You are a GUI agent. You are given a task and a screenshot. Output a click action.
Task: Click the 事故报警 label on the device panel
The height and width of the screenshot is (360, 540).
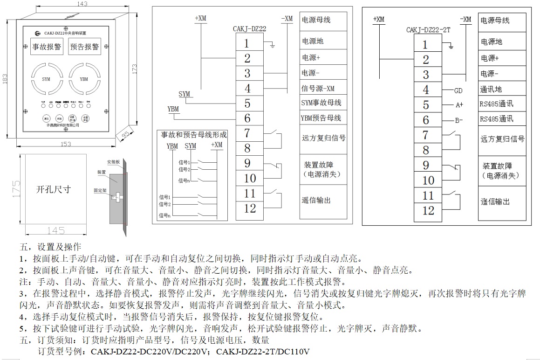pyautogui.click(x=47, y=47)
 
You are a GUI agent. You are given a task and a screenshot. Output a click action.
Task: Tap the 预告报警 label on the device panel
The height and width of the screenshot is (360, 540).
pyautogui.click(x=85, y=47)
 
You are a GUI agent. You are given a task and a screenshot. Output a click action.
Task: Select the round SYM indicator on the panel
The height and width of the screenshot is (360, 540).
pyautogui.click(x=46, y=79)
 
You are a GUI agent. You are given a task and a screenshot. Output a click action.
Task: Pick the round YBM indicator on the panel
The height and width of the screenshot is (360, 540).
pyautogui.click(x=84, y=79)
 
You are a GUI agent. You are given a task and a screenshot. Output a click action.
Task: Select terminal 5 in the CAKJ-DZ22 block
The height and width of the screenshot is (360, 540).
pyautogui.click(x=247, y=103)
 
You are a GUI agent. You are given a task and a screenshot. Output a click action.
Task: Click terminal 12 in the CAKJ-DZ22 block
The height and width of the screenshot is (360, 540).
pyautogui.click(x=250, y=208)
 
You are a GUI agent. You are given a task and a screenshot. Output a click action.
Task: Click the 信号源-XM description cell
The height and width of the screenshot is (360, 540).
pyautogui.click(x=318, y=88)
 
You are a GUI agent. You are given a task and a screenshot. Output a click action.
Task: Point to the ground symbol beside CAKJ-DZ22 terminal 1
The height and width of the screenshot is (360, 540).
pyautogui.click(x=273, y=45)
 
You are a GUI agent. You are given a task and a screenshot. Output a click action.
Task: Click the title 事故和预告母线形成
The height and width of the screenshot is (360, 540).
pyautogui.click(x=194, y=135)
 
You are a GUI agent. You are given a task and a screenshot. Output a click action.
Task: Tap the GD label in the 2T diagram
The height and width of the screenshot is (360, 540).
pyautogui.click(x=458, y=90)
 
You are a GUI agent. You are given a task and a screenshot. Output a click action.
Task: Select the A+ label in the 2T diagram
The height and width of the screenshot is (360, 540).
pyautogui.click(x=459, y=105)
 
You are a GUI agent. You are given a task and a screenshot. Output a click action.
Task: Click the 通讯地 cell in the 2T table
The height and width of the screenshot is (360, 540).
pyautogui.click(x=492, y=89)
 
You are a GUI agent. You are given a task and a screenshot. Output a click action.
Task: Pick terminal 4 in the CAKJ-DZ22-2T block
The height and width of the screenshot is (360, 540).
pyautogui.click(x=425, y=90)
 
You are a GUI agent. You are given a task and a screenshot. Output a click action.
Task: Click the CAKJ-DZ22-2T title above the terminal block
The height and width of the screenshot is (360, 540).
pyautogui.click(x=428, y=30)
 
